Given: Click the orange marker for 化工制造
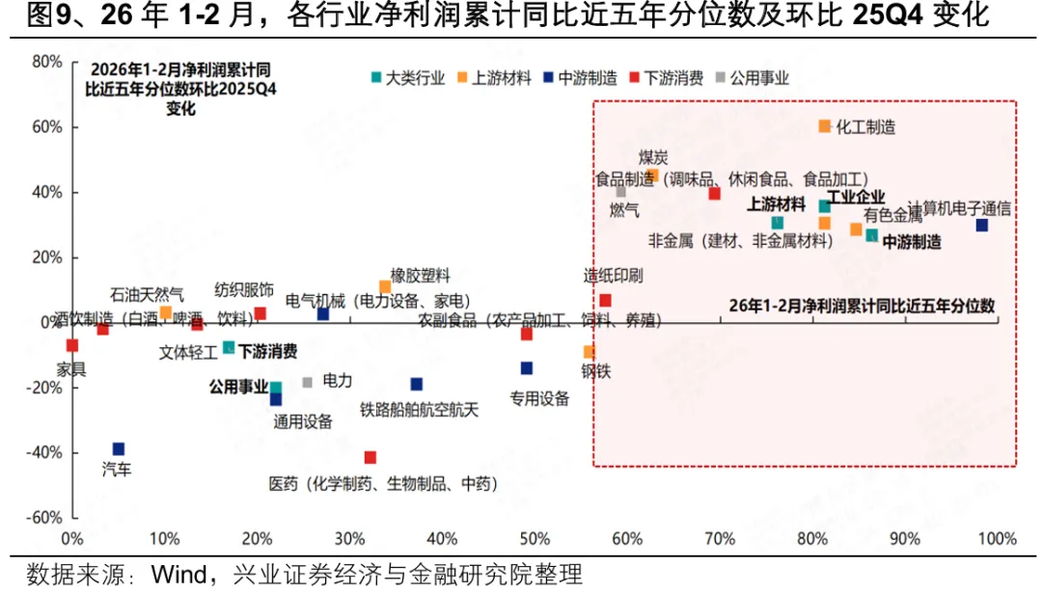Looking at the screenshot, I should pyautogui.click(x=824, y=126).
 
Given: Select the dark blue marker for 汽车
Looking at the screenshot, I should pyautogui.click(x=118, y=449).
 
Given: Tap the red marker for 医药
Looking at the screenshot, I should pyautogui.click(x=370, y=457).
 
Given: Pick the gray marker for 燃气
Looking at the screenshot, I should pyautogui.click(x=621, y=192).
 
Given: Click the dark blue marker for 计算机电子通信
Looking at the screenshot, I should pyautogui.click(x=981, y=226).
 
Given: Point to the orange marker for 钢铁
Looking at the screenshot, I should pyautogui.click(x=589, y=352).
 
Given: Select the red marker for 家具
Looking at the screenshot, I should pyautogui.click(x=71, y=345).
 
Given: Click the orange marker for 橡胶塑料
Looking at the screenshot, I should pyautogui.click(x=385, y=286).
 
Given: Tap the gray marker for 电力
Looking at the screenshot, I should pyautogui.click(x=307, y=383).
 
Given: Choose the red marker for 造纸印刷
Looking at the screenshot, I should pyautogui.click(x=605, y=301).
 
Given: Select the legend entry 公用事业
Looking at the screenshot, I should pyautogui.click(x=758, y=78).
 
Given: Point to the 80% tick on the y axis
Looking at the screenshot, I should pyautogui.click(x=46, y=62).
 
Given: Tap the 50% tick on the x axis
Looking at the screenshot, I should pyautogui.click(x=535, y=537).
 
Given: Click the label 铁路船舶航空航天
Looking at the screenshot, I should pyautogui.click(x=419, y=409).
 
